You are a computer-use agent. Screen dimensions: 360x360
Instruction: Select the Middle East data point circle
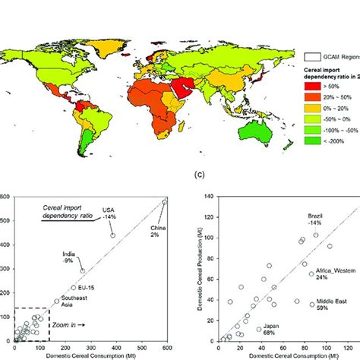[x=311, y=305]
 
